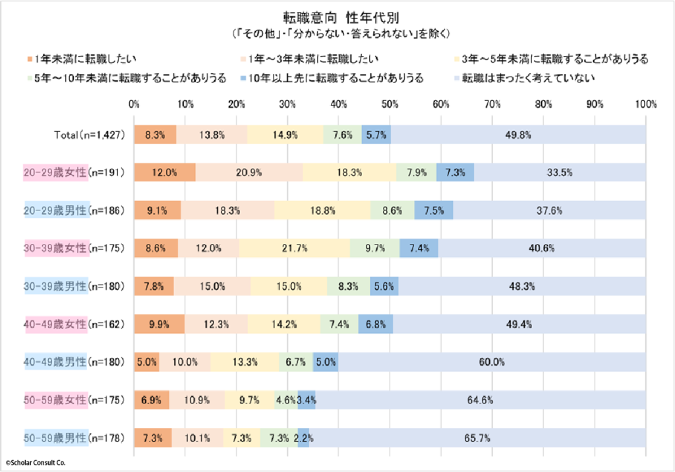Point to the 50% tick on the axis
point(390,104)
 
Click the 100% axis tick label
point(646,104)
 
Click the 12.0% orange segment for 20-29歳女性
point(165,172)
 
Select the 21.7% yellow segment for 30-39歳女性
point(294,249)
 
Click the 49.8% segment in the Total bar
point(518,134)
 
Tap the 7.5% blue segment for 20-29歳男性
point(434,210)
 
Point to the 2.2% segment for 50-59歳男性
point(303,438)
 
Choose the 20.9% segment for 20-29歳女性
point(249,172)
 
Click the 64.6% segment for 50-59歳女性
point(481,399)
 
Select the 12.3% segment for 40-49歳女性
point(216,324)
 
